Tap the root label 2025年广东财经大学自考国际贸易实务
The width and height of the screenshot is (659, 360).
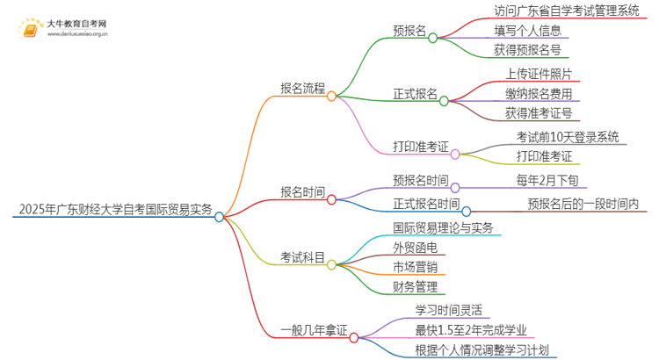coord(114,209)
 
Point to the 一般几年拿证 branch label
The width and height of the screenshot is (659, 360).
coord(313,331)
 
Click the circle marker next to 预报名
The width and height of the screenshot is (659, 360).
coord(432,38)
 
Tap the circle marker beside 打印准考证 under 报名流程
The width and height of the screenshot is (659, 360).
coord(455,154)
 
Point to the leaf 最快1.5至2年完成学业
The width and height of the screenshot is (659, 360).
coord(471,330)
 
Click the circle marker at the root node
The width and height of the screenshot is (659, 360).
coord(219,217)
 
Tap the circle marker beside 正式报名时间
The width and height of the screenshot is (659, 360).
coord(467,211)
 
